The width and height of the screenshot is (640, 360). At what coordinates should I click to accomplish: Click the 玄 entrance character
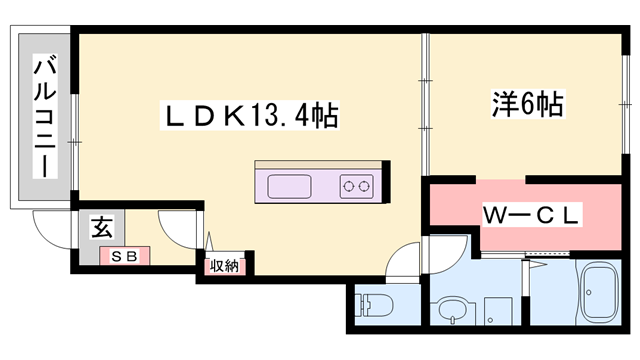point(103,227)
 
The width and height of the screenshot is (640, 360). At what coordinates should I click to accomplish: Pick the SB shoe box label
point(125,256)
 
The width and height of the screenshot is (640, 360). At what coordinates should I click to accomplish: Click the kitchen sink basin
point(291,186)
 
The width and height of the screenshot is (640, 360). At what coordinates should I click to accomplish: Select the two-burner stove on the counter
point(356,185)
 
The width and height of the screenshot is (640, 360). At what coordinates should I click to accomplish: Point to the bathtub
point(601,296)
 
